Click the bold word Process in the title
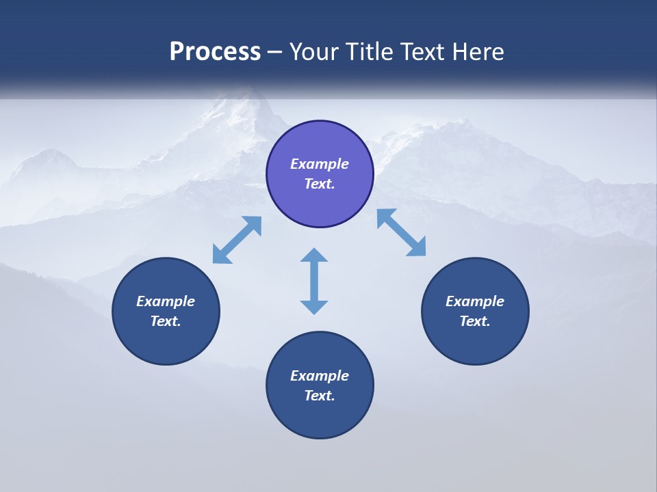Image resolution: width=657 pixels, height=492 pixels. click(x=215, y=52)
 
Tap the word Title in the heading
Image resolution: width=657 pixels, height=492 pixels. click(x=373, y=52)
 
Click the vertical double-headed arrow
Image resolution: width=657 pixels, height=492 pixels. click(x=314, y=281)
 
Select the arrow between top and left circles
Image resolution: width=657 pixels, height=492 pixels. click(x=237, y=240)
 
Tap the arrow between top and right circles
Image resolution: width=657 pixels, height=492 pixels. click(x=401, y=232)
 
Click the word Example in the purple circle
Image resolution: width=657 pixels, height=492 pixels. click(x=320, y=164)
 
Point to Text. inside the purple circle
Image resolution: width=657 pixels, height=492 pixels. click(x=320, y=184)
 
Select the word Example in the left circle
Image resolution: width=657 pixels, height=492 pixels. click(x=166, y=301)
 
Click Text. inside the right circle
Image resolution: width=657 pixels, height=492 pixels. click(x=475, y=321)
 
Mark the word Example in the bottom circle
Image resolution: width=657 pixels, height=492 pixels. click(x=320, y=376)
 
